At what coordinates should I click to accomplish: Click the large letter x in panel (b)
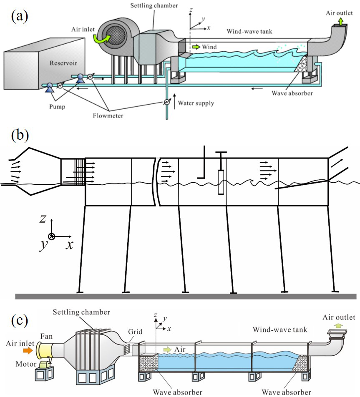pos(68,245)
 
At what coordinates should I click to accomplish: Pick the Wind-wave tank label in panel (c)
pos(280,330)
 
